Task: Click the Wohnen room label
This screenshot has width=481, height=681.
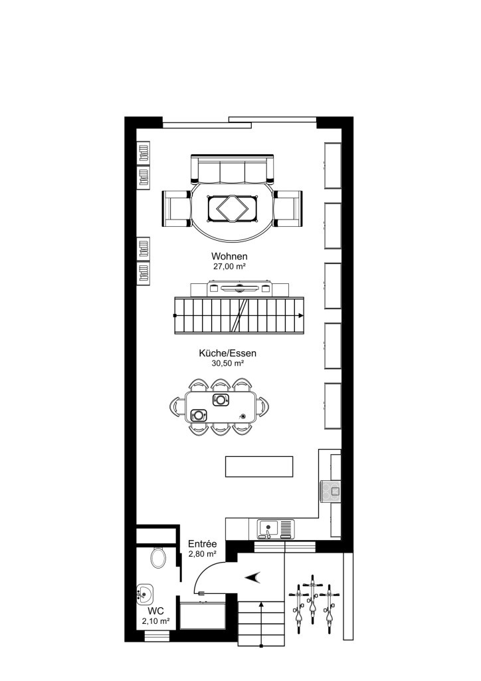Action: tap(229, 257)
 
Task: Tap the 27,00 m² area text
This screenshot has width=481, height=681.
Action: tap(229, 266)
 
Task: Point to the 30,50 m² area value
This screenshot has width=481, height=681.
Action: tap(228, 364)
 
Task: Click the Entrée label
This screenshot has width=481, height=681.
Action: tap(203, 544)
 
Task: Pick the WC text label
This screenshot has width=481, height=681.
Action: tap(156, 611)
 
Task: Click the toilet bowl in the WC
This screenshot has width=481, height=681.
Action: tap(158, 557)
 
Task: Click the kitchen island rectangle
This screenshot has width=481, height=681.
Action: tap(259, 466)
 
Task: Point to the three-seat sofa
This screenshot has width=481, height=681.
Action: tap(233, 170)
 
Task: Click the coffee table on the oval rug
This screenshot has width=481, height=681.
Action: tap(232, 209)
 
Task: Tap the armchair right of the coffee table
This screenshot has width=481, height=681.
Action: tap(288, 207)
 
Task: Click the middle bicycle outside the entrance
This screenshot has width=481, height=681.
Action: tap(312, 602)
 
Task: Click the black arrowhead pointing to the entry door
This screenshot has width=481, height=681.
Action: tap(253, 577)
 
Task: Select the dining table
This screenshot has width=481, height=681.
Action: tap(221, 406)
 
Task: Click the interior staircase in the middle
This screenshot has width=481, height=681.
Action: tap(239, 315)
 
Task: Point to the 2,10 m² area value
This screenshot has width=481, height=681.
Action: tap(156, 620)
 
